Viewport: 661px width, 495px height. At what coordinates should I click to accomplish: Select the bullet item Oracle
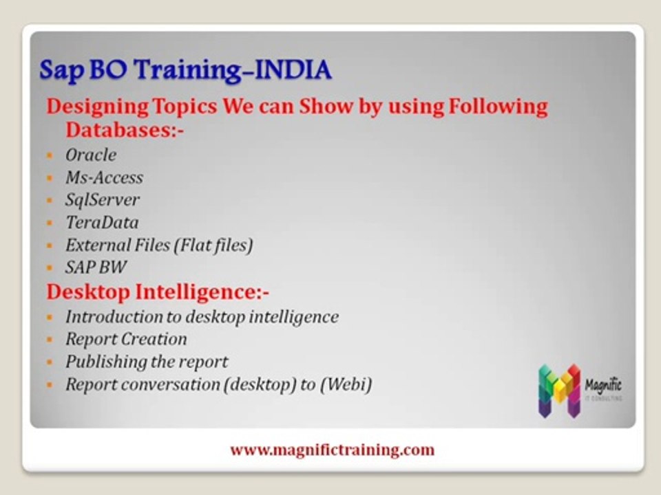pos(91,155)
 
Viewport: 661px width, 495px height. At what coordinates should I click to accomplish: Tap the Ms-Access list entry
pos(104,177)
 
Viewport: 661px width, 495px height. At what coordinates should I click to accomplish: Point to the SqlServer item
pos(102,200)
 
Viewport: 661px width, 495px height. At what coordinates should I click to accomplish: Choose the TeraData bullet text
pos(102,222)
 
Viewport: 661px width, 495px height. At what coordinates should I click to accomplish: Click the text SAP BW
pos(96,267)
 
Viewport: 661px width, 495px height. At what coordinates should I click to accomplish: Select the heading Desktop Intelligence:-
pos(158,292)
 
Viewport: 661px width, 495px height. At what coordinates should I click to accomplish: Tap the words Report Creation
pos(126,339)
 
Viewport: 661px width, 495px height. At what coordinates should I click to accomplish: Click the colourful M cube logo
pos(559,391)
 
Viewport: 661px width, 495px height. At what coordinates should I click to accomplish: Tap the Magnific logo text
pos(603,385)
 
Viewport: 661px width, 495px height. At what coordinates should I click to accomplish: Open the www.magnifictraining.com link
pos(332,450)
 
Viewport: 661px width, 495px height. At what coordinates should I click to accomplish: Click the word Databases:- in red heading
pos(125,130)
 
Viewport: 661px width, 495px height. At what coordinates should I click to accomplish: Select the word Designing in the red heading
pos(97,107)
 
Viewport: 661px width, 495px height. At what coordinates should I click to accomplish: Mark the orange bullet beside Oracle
pos(50,155)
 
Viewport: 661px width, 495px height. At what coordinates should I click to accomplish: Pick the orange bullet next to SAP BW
pos(50,267)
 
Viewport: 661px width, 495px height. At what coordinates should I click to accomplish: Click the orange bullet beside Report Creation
pos(50,339)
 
